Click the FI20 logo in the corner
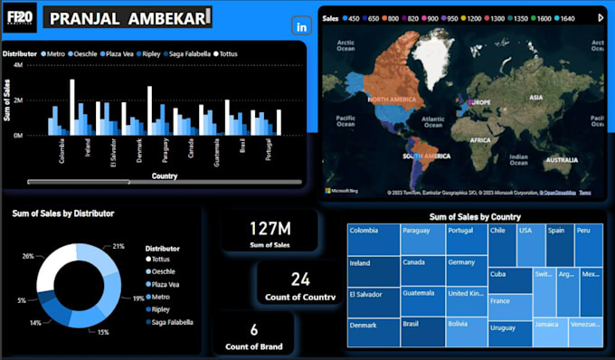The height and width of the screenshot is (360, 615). pos(20,20)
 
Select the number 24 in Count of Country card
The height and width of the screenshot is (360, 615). pos(299,279)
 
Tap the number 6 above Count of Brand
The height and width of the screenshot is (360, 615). pos(254,330)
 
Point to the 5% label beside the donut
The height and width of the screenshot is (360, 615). pos(21,299)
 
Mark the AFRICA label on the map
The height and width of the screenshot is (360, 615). pos(479,140)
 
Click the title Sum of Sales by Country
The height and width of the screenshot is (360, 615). pos(474,217)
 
